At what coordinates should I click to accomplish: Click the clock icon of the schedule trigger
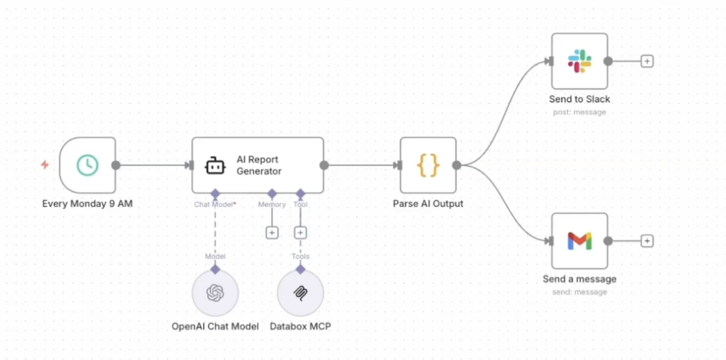[x=87, y=165]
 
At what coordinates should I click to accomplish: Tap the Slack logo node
[x=579, y=61]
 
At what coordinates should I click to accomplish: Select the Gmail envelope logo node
[x=579, y=241]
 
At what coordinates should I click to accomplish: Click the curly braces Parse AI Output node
[x=428, y=165]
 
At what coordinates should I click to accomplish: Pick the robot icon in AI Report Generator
[x=214, y=166]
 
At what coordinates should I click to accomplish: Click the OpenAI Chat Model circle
[x=215, y=293]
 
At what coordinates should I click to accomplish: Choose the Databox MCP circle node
[x=301, y=293]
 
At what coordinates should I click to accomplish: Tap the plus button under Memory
[x=272, y=233]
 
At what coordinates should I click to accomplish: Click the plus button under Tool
[x=301, y=233]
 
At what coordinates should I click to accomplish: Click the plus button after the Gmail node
[x=647, y=241]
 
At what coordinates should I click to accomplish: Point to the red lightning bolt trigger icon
[x=45, y=165]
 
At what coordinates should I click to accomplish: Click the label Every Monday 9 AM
[x=87, y=204]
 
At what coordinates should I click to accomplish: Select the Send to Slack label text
[x=579, y=99]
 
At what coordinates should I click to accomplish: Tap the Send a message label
[x=579, y=279]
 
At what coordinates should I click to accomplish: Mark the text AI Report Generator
[x=258, y=165]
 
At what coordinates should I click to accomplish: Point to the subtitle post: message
[x=579, y=112]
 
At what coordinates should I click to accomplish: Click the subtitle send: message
[x=579, y=292]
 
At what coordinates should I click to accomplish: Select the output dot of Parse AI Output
[x=457, y=165]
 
